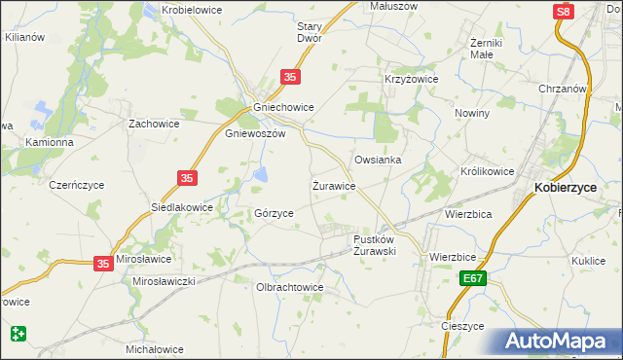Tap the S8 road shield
click(563, 11)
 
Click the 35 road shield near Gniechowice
click(289, 77)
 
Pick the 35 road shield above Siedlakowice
click(188, 178)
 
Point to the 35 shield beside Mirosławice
click(104, 263)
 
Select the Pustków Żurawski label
click(374, 244)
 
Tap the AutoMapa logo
click(559, 342)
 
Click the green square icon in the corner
click(18, 334)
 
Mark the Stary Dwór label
click(310, 32)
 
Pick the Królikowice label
click(487, 171)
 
